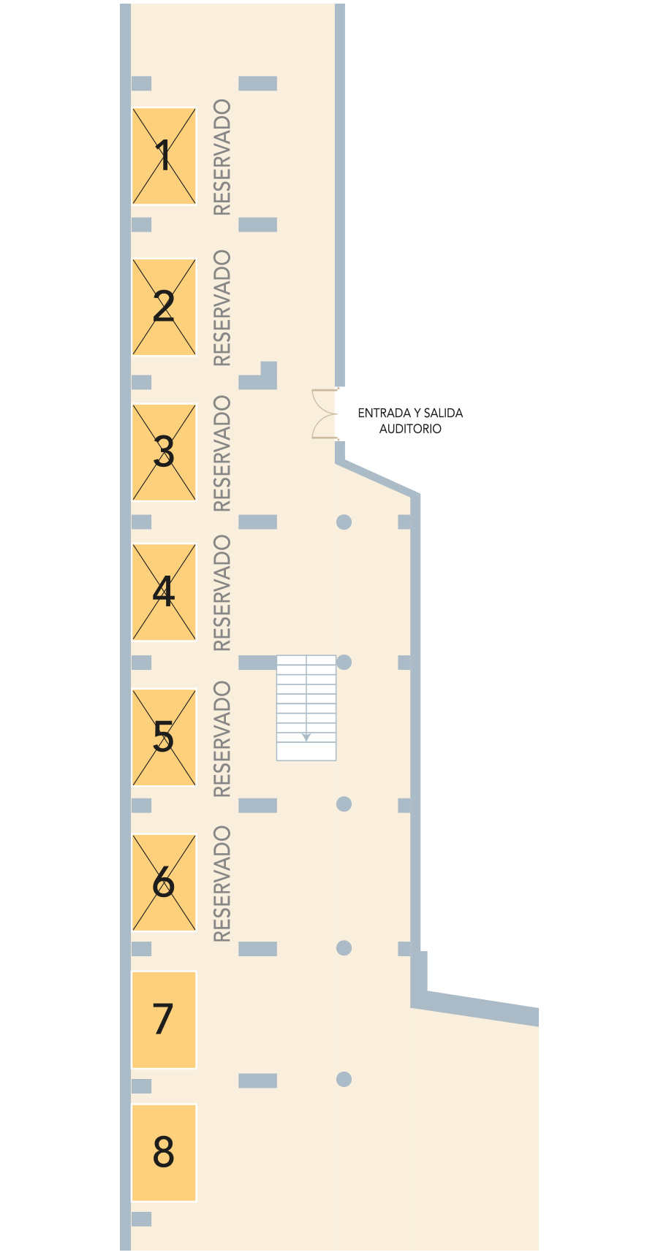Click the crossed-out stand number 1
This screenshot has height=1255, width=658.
click(164, 156)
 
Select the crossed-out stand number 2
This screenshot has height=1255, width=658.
click(164, 307)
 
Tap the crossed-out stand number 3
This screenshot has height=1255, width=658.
click(164, 452)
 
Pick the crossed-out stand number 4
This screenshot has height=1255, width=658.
click(164, 592)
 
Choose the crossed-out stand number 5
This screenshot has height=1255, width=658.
click(164, 737)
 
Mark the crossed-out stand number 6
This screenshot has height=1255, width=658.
click(164, 882)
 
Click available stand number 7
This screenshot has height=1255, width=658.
click(164, 1020)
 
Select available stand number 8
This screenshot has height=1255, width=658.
click(164, 1152)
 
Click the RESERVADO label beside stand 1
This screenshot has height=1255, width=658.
click(222, 157)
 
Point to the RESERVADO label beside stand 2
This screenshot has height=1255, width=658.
click(222, 308)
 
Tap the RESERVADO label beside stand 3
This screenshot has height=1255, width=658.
click(222, 454)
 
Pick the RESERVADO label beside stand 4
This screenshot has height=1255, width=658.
click(222, 593)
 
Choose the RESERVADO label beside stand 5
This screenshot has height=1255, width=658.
click(222, 739)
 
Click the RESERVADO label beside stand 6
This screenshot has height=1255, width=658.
click(222, 884)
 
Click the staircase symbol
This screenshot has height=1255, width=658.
click(306, 708)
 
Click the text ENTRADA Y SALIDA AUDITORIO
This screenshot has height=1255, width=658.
click(410, 421)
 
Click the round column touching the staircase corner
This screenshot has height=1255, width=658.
click(344, 662)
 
